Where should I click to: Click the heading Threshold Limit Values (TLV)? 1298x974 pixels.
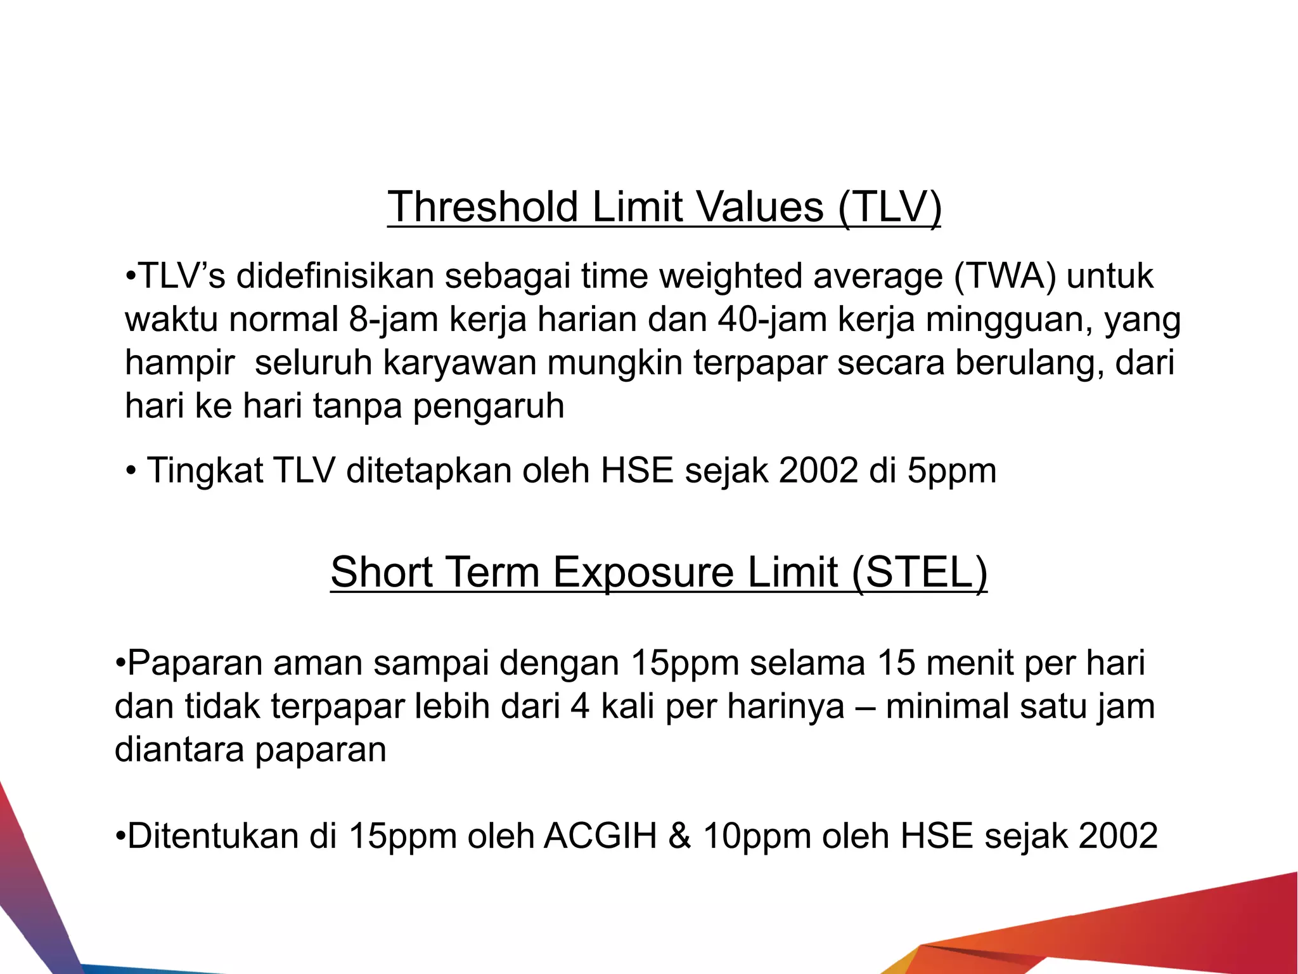[x=664, y=207]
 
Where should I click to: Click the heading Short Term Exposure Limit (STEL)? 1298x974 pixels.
[x=659, y=572]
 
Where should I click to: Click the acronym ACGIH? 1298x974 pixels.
[x=600, y=836]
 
